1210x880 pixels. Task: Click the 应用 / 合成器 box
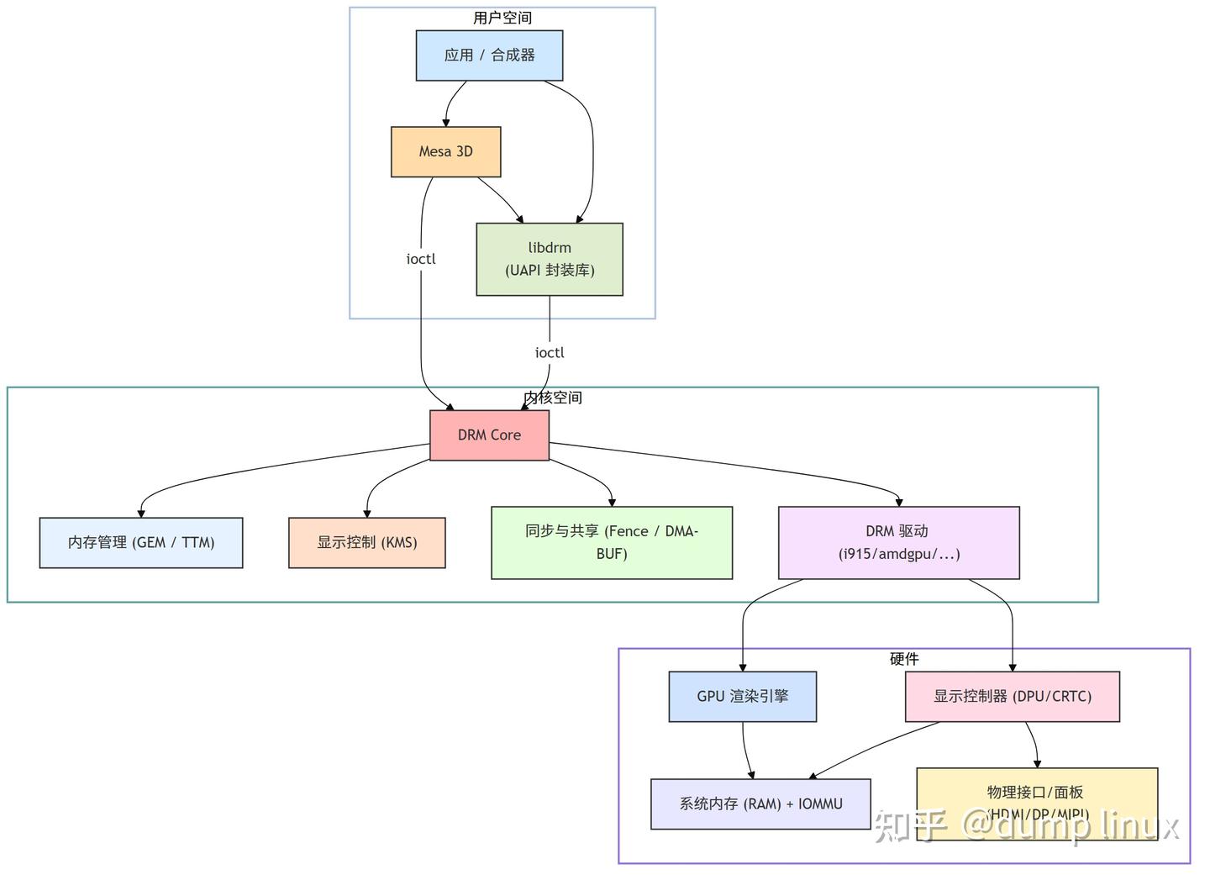[x=489, y=55]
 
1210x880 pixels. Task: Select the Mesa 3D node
[x=445, y=152]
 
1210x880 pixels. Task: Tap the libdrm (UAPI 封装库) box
[x=550, y=259]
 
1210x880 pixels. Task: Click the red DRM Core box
[x=489, y=435]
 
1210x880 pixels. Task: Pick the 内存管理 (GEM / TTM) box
[x=141, y=543]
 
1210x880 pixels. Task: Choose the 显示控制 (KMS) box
[x=367, y=543]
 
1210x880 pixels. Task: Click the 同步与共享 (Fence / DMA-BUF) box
[x=612, y=543]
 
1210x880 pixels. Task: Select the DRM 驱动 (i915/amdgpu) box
[x=899, y=543]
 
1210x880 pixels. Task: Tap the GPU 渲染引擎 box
[x=743, y=697]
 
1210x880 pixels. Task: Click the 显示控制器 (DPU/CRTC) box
[x=1013, y=697]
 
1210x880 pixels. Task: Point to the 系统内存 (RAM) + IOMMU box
[x=760, y=804]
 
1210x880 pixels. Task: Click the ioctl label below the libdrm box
[x=550, y=353]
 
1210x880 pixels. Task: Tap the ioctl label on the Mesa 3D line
[x=421, y=260]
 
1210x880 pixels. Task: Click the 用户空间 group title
[x=502, y=18]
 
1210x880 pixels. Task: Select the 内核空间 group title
[x=553, y=398]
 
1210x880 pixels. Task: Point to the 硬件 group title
[x=904, y=659]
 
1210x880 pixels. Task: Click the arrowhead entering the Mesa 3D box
[x=446, y=123]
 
